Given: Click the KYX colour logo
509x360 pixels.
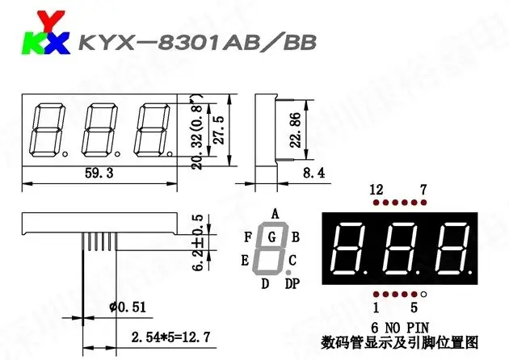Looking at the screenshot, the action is pyautogui.click(x=45, y=32).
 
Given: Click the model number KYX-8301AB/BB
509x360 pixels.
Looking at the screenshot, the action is pyautogui.click(x=198, y=43).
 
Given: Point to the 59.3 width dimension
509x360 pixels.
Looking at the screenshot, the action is pyautogui.click(x=99, y=174).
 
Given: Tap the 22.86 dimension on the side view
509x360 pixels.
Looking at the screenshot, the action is pyautogui.click(x=295, y=130).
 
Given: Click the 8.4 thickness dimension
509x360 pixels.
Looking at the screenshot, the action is pyautogui.click(x=314, y=173).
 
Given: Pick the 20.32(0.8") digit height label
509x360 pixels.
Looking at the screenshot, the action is pyautogui.click(x=197, y=132).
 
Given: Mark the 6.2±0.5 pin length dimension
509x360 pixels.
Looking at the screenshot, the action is pyautogui.click(x=198, y=242).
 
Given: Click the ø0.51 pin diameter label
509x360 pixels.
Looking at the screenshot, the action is pyautogui.click(x=128, y=307).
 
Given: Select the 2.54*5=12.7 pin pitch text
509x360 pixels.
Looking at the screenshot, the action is pyautogui.click(x=170, y=337).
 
